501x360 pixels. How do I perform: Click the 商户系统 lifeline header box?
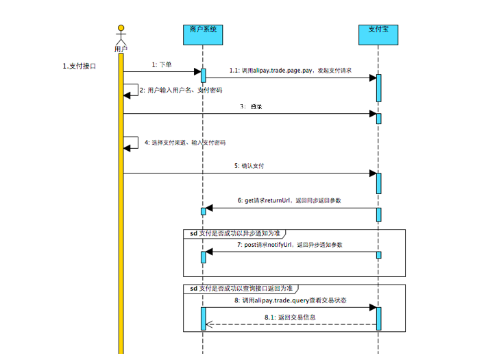coord(203,31)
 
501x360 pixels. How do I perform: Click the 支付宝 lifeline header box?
coord(378,31)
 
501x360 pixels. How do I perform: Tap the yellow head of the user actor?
coord(121,29)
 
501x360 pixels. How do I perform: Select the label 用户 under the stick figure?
coord(121,49)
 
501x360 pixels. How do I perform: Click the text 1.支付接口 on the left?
coord(80,66)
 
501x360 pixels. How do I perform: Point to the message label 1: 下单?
coord(162,64)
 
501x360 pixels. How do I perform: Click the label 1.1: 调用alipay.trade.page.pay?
coord(290,70)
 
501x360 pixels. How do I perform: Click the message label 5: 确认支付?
coord(249,166)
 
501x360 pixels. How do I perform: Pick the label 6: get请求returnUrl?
coord(290,201)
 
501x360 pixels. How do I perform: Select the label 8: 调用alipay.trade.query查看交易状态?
coord(290,300)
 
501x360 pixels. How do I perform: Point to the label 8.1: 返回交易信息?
coord(291,317)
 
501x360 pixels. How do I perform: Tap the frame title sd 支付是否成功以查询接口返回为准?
coord(241,289)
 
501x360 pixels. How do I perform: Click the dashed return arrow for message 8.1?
coord(291,325)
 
